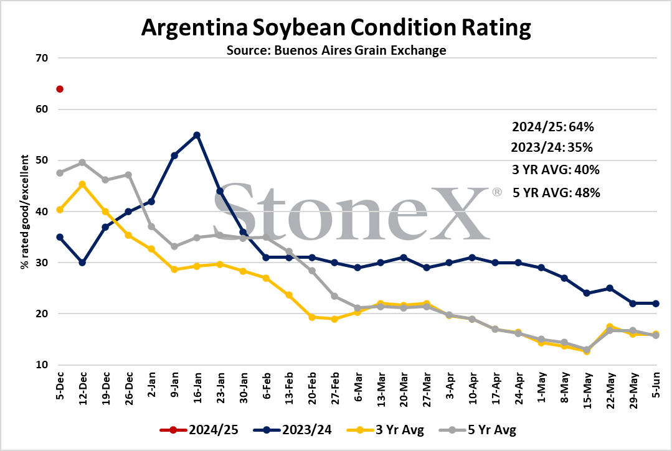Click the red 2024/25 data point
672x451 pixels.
pos(60,89)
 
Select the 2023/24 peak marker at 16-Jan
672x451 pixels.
pos(197,135)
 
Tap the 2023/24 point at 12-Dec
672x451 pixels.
pos(82,263)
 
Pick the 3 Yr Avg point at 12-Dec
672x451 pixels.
pos(82,184)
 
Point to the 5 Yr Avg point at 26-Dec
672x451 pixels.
pos(128,175)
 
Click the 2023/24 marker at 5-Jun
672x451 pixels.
pos(656,304)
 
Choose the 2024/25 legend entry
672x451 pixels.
pos(199,430)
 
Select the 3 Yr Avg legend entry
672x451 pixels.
pos(385,430)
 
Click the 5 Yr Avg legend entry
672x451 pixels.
pos(478,430)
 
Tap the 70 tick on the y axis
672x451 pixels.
pos(42,58)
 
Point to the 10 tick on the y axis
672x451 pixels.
pos(42,365)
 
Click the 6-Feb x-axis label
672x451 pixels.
pos(266,386)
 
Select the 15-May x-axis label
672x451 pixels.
pos(587,390)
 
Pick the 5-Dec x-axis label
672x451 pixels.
pos(60,386)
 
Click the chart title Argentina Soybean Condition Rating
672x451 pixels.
pos(336,27)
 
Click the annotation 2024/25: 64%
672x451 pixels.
pos(553,127)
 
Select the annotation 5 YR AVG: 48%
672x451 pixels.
pos(556,193)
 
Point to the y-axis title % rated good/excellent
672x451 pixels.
pos(25,212)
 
